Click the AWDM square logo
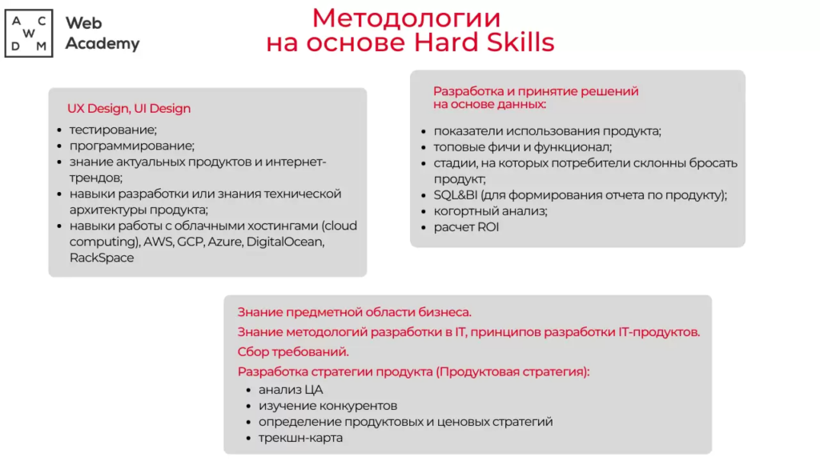[29, 33]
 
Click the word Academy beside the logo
[102, 44]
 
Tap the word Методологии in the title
[406, 18]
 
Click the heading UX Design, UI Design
[129, 108]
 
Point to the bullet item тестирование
[113, 130]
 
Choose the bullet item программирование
[132, 146]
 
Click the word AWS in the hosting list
[159, 242]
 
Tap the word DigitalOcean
[285, 242]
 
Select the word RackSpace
[102, 258]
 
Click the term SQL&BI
[455, 195]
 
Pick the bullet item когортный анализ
[491, 211]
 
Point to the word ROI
[488, 227]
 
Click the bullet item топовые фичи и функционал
[522, 147]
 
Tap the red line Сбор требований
[293, 352]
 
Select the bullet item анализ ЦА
[291, 390]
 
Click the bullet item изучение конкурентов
[328, 406]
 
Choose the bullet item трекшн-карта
[301, 438]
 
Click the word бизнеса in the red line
[444, 312]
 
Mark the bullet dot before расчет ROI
[424, 228]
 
